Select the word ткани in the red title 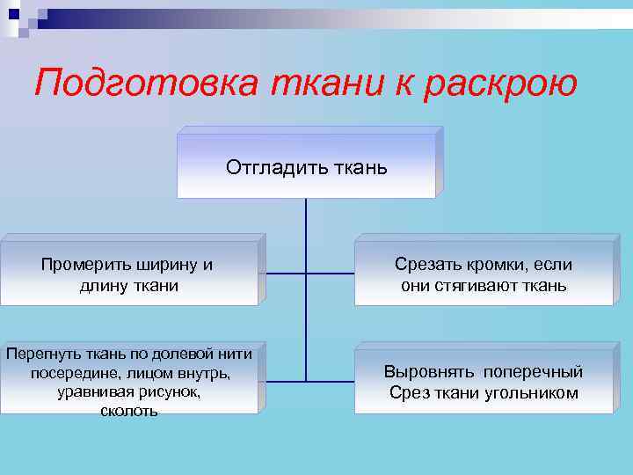coord(316,84)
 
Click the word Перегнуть coord(40,354)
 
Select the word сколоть coord(129,412)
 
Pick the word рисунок coord(164,392)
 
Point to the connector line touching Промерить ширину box coord(281,273)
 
